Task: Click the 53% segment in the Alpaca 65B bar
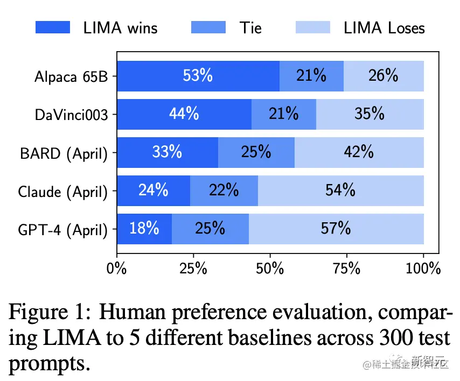pos(198,76)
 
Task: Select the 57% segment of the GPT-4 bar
pos(336,229)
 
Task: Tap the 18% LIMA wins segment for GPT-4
pos(144,229)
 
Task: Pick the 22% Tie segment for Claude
pos(224,190)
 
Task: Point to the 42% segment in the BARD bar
pos(359,152)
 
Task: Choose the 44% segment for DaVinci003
pos(184,114)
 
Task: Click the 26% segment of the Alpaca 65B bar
pos(384,76)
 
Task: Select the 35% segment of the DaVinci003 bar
pos(370,114)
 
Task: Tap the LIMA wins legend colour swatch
pos(53,27)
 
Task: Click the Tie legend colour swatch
pos(208,27)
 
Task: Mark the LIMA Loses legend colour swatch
pos(313,27)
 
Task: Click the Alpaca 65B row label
pos(70,76)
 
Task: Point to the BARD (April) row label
pos(64,153)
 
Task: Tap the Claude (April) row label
pos(62,191)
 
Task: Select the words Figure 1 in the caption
pos(47,312)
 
